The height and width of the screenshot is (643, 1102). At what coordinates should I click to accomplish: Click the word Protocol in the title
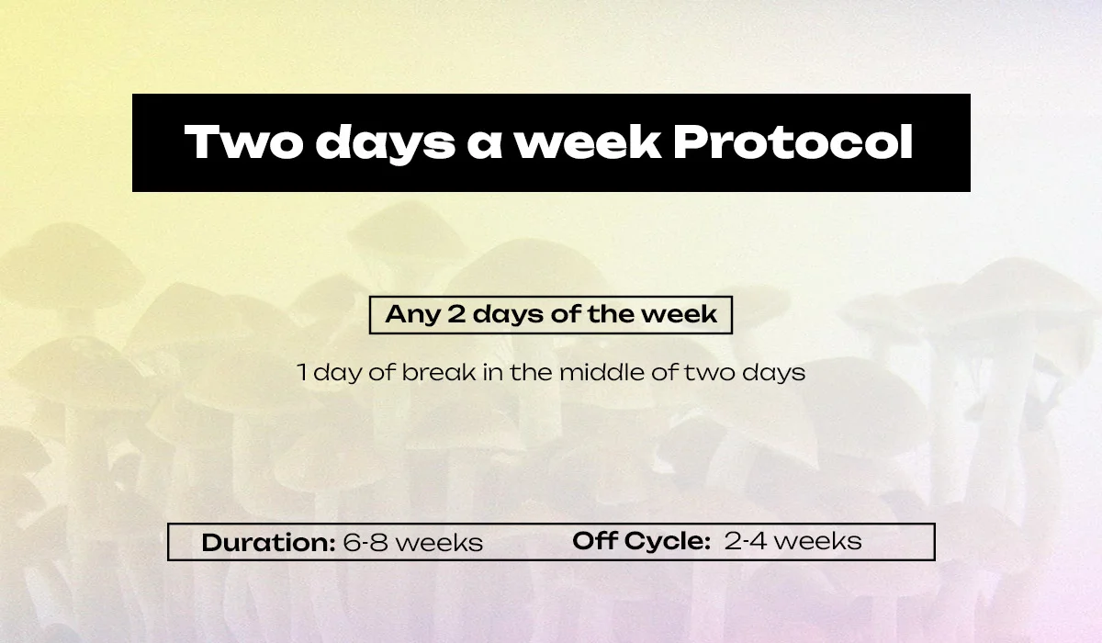793,141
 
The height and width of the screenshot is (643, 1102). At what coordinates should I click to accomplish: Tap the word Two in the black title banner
243,141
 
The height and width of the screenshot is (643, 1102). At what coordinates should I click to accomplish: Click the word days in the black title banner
385,143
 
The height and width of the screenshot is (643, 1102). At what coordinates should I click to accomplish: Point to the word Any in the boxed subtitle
412,315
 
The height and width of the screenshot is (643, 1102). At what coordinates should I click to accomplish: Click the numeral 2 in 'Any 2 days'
456,314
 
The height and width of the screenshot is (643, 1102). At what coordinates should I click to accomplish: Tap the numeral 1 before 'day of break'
302,372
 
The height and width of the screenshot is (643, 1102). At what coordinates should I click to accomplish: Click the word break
439,372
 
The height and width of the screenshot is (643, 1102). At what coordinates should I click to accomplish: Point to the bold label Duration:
268,542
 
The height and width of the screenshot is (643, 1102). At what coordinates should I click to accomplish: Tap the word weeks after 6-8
439,542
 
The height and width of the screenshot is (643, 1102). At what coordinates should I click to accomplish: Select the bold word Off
594,540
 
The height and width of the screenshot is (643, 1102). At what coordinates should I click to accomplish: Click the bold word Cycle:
668,542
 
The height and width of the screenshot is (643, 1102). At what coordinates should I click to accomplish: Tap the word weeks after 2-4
818,541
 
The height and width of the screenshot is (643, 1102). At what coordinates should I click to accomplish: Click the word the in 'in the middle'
533,372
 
